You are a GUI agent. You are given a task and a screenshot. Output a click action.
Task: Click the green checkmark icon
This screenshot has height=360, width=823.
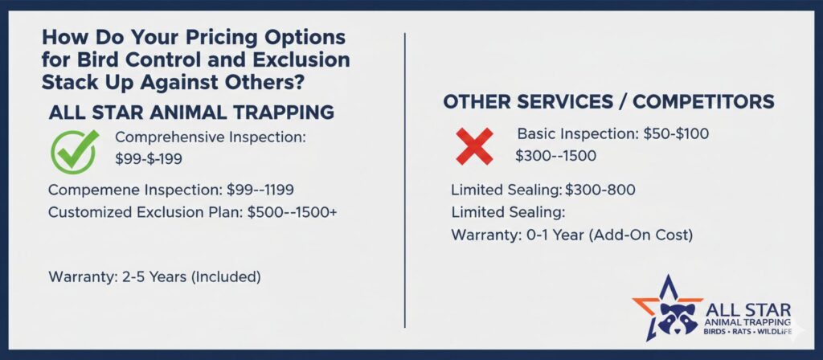click(x=74, y=151)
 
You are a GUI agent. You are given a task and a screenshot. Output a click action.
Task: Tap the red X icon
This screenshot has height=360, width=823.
click(x=474, y=146)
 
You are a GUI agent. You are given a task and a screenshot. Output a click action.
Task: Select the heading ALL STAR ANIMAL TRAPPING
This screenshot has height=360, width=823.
click(x=191, y=112)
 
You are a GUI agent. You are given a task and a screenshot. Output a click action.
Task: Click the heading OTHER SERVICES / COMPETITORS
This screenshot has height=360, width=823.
click(x=609, y=102)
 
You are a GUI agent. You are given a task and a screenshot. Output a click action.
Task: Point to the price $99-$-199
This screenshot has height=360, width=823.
click(x=149, y=159)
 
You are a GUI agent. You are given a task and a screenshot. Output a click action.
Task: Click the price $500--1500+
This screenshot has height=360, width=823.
click(x=293, y=212)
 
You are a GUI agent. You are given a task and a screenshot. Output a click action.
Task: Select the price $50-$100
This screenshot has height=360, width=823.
click(x=675, y=134)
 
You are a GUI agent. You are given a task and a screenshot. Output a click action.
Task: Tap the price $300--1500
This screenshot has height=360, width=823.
click(x=556, y=156)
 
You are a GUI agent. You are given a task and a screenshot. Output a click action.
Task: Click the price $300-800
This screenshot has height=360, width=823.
click(x=600, y=190)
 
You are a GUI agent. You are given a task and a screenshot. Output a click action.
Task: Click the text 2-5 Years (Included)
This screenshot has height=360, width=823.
click(x=190, y=276)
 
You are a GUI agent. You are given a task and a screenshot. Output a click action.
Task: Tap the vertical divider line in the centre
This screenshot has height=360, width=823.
click(x=405, y=180)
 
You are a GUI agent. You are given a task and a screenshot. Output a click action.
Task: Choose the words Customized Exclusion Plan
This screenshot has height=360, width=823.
click(x=145, y=212)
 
